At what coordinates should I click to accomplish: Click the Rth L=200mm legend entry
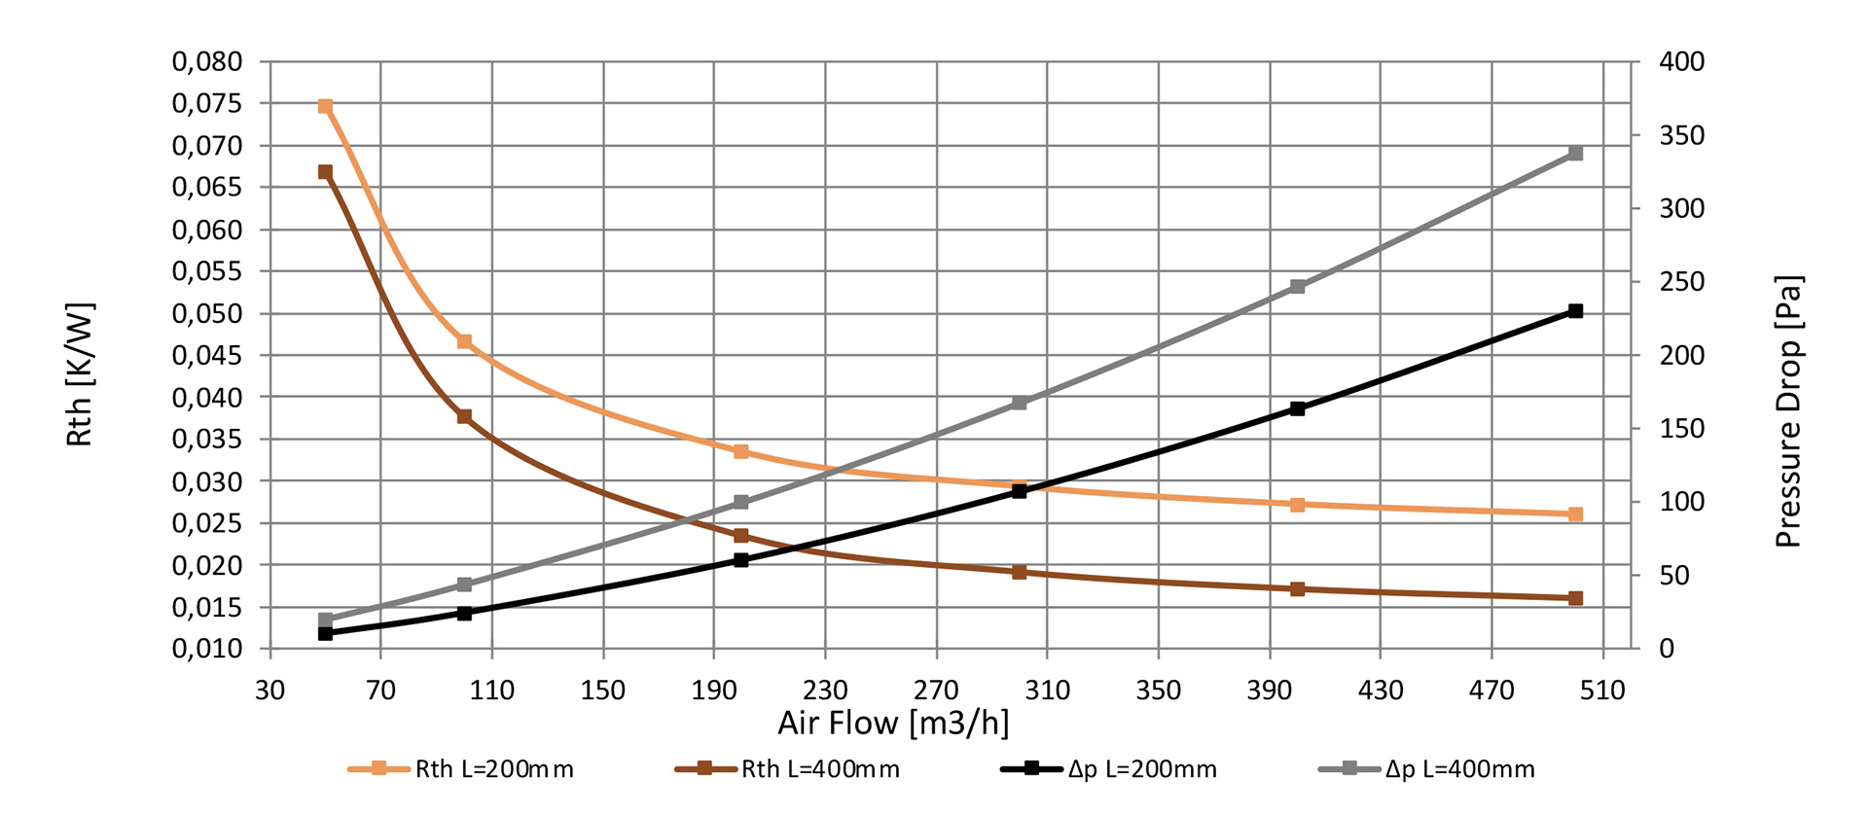[461, 769]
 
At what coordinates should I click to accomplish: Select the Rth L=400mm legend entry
[787, 769]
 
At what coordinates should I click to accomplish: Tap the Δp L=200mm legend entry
[1109, 769]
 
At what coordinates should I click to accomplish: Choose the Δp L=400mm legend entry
[1427, 769]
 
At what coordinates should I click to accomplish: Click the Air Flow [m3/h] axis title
[893, 724]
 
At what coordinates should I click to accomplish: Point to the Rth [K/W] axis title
[80, 375]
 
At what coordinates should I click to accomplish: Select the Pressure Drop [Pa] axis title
[1788, 411]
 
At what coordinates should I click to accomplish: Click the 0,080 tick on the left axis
[207, 62]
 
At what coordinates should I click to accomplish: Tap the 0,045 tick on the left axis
[207, 356]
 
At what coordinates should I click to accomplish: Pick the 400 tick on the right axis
[1681, 62]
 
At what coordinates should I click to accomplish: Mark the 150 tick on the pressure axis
[1681, 429]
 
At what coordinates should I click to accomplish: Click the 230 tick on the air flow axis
[825, 691]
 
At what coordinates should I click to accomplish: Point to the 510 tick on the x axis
[1602, 691]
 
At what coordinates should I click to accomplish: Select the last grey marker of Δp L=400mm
[1575, 154]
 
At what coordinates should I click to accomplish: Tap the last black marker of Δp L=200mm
[1575, 311]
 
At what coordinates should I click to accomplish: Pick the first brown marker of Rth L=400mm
[326, 172]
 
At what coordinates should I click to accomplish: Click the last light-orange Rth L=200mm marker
[1575, 514]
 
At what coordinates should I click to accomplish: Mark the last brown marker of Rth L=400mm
[1575, 598]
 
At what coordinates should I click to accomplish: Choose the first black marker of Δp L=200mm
[326, 633]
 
